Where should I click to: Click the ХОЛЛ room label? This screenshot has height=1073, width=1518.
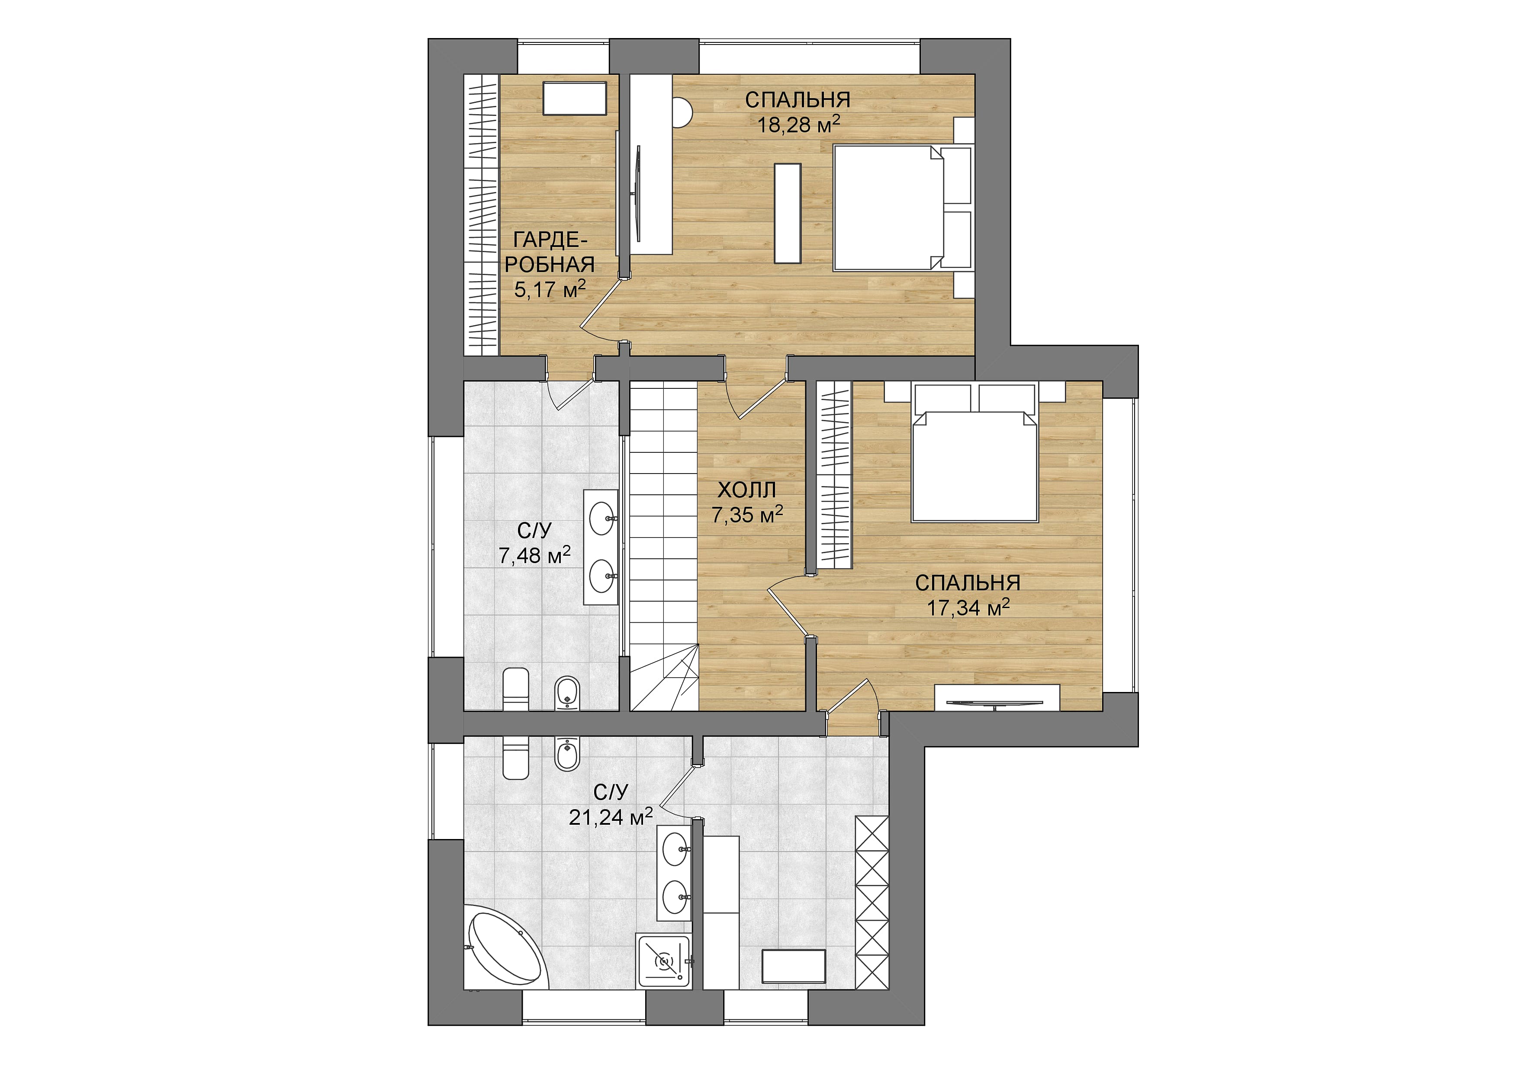[x=746, y=490]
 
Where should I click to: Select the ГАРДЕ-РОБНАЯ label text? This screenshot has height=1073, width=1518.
[x=550, y=251]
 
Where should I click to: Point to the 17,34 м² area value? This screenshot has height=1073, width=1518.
[x=968, y=606]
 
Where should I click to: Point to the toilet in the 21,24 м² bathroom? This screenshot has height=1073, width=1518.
[x=516, y=756]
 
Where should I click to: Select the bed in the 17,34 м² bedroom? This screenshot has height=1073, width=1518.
[x=973, y=465]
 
